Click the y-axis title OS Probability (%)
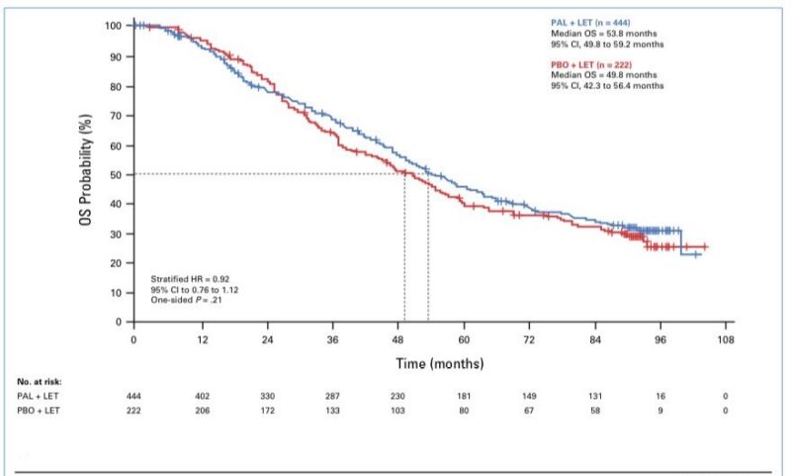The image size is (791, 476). click(86, 173)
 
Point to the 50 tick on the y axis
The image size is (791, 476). click(115, 175)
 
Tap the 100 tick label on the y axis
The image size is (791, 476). click(112, 25)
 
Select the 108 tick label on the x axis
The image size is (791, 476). click(727, 339)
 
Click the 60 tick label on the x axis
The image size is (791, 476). click(464, 339)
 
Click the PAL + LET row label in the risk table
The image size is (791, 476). click(39, 396)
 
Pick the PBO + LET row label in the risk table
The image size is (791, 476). click(39, 410)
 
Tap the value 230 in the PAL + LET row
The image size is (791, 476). click(397, 396)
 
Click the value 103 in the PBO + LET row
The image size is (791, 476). click(397, 410)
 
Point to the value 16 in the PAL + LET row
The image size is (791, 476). click(661, 396)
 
